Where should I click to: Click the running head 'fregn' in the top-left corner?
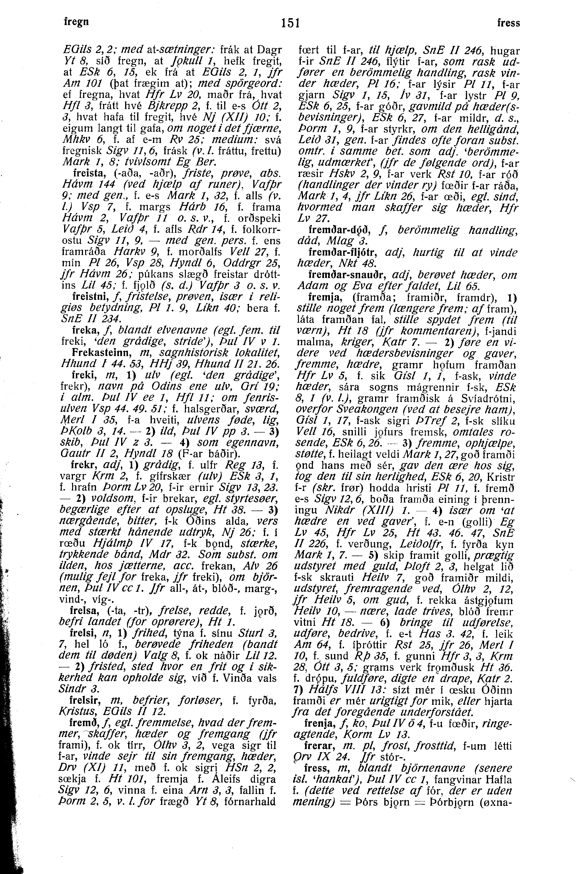pyautogui.click(x=75, y=22)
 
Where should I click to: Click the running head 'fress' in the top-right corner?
pyautogui.click(x=508, y=23)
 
